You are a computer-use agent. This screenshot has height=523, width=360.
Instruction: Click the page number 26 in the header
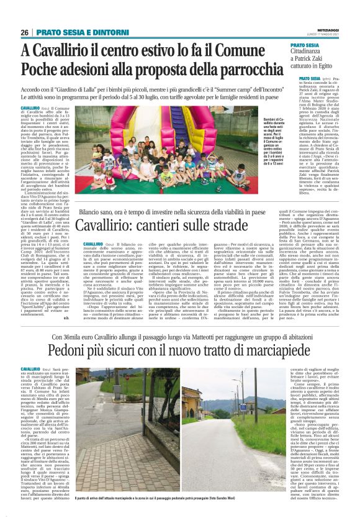[x=24, y=32]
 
